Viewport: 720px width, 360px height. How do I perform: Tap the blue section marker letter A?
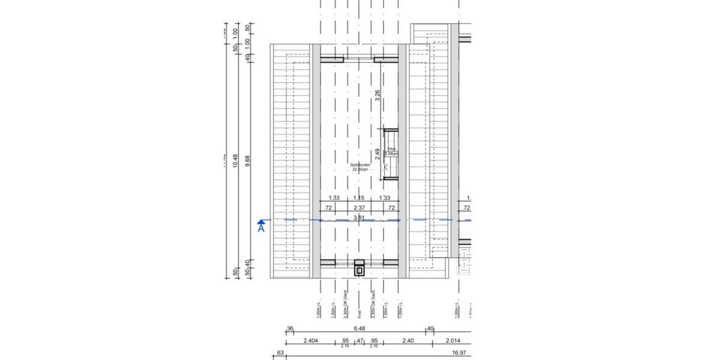pyautogui.click(x=261, y=228)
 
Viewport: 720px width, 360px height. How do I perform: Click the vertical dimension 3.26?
pyautogui.click(x=377, y=96)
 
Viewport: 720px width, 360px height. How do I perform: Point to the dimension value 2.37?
pyautogui.click(x=359, y=208)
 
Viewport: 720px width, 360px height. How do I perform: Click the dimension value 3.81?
pyautogui.click(x=359, y=217)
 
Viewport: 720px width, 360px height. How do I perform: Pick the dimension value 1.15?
pyautogui.click(x=359, y=198)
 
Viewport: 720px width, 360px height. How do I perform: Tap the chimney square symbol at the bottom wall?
pyautogui.click(x=359, y=270)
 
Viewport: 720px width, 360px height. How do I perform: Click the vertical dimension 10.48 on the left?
pyautogui.click(x=235, y=160)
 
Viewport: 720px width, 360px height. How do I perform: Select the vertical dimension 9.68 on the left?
pyautogui.click(x=248, y=160)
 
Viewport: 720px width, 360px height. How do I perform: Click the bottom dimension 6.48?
pyautogui.click(x=359, y=328)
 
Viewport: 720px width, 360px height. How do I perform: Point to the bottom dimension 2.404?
pyautogui.click(x=310, y=341)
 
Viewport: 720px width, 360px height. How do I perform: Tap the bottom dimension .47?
pyautogui.click(x=359, y=341)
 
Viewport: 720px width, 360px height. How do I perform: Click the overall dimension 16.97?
pyautogui.click(x=460, y=353)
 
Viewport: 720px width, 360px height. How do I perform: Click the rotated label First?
pyautogui.click(x=359, y=309)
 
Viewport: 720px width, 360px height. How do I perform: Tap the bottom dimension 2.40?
pyautogui.click(x=407, y=341)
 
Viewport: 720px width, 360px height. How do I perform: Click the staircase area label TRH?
pyautogui.click(x=391, y=149)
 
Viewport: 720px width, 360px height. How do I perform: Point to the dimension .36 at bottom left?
pyautogui.click(x=290, y=328)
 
